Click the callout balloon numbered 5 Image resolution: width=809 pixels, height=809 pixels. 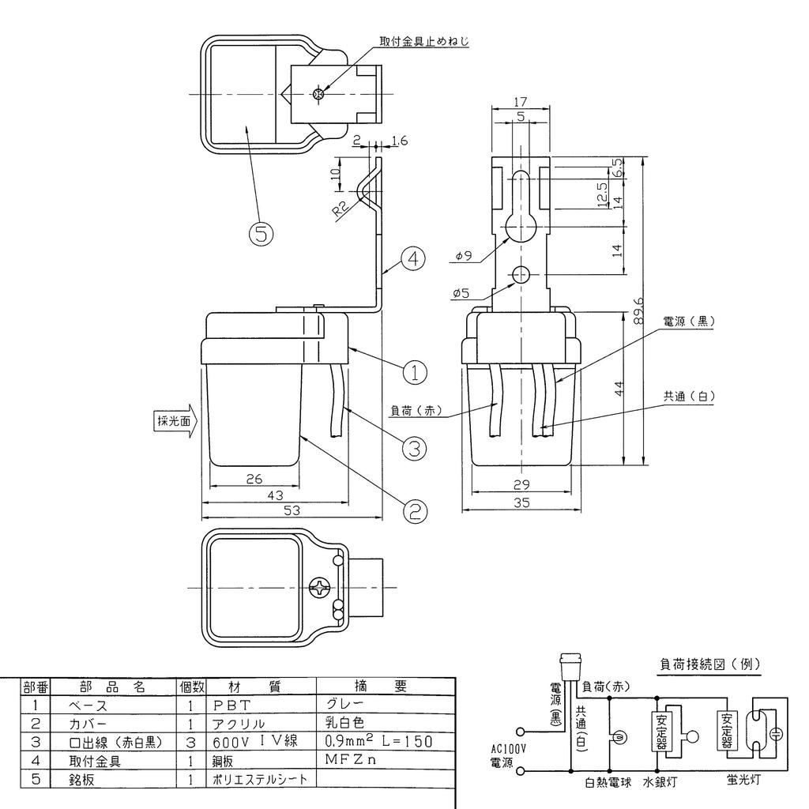(262, 233)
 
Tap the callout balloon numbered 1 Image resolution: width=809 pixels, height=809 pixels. (414, 370)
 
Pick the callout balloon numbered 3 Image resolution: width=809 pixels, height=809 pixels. (414, 448)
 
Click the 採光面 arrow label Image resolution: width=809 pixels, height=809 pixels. (171, 420)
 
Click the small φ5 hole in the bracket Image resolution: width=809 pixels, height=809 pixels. (520, 274)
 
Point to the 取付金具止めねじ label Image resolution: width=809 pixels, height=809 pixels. (418, 40)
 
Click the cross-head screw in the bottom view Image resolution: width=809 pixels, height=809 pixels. (320, 589)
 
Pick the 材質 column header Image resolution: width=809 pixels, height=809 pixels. (262, 687)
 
